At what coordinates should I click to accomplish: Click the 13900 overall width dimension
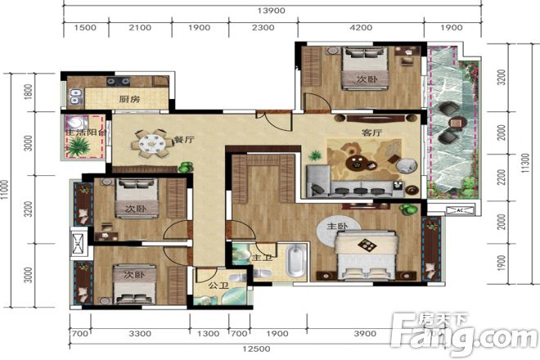pyautogui.click(x=272, y=11)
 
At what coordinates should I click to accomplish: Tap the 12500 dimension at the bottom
pyautogui.click(x=256, y=349)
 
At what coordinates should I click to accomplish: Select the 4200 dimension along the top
pyautogui.click(x=361, y=28)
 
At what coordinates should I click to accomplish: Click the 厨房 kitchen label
pyautogui.click(x=129, y=100)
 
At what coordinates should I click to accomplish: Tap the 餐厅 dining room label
pyautogui.click(x=184, y=140)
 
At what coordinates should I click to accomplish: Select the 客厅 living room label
pyautogui.click(x=372, y=133)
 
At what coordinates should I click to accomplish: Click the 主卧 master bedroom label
pyautogui.click(x=337, y=227)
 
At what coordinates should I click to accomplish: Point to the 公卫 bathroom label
pyautogui.click(x=218, y=286)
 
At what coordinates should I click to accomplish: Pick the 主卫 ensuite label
pyautogui.click(x=263, y=258)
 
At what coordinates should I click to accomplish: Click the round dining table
pyautogui.click(x=152, y=143)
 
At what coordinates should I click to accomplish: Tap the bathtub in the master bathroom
pyautogui.click(x=296, y=261)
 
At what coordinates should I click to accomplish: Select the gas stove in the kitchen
pyautogui.click(x=118, y=81)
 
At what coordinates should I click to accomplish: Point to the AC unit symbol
pyautogui.click(x=460, y=210)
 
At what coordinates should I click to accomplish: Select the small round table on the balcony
pyautogui.click(x=457, y=123)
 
